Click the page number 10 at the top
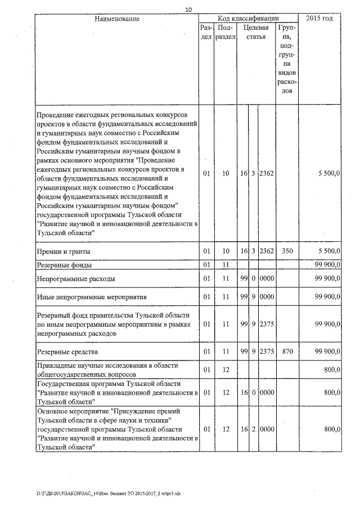[x=188, y=10]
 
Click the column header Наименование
[x=116, y=19]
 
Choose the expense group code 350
[x=286, y=251]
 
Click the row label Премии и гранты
[x=63, y=251]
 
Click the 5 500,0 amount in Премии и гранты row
[x=327, y=251]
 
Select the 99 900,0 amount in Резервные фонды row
[x=326, y=265]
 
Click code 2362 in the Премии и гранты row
[x=265, y=251]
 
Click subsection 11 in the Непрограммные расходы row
[x=225, y=278]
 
